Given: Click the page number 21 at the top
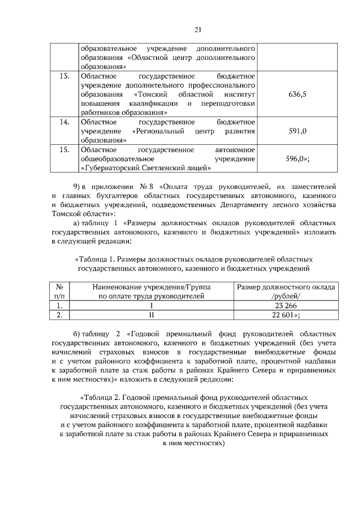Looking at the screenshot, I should [182, 29].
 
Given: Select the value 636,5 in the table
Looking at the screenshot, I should [297, 94].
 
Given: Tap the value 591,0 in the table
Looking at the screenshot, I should [297, 131].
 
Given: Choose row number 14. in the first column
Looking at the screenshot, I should [64, 122].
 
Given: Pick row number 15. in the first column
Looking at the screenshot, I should [64, 149].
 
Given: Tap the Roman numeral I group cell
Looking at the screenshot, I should [151, 306].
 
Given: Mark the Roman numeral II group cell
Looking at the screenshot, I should [151, 316].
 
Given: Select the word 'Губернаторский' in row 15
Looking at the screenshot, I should [115, 167].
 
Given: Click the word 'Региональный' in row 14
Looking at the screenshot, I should [155, 131].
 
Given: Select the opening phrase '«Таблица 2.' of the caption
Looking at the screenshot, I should [100, 397].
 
